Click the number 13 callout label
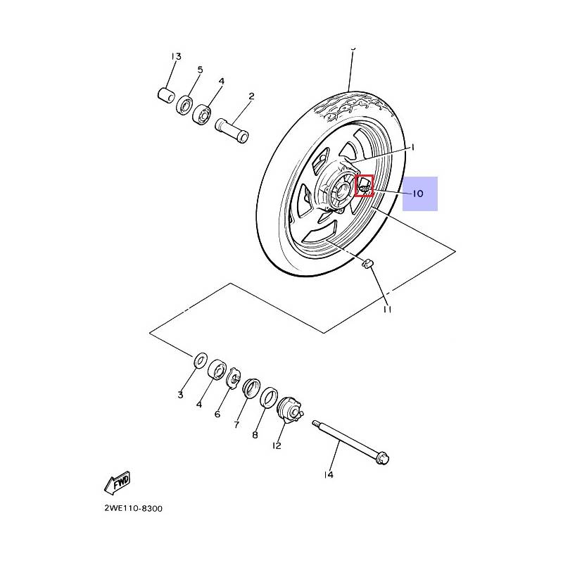tap(175, 56)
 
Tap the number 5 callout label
tap(200, 70)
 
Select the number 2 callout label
tap(251, 96)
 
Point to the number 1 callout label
tap(413, 148)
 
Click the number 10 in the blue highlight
tap(417, 194)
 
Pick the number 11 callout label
tap(387, 309)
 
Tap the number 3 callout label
tap(180, 395)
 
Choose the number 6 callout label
tap(218, 414)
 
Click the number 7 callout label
tap(236, 425)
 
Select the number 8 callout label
tap(255, 435)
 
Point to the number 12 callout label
tap(277, 445)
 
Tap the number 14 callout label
tap(328, 474)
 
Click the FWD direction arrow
tap(117, 483)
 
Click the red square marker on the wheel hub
tap(364, 186)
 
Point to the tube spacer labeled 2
tap(232, 129)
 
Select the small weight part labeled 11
tap(368, 265)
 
